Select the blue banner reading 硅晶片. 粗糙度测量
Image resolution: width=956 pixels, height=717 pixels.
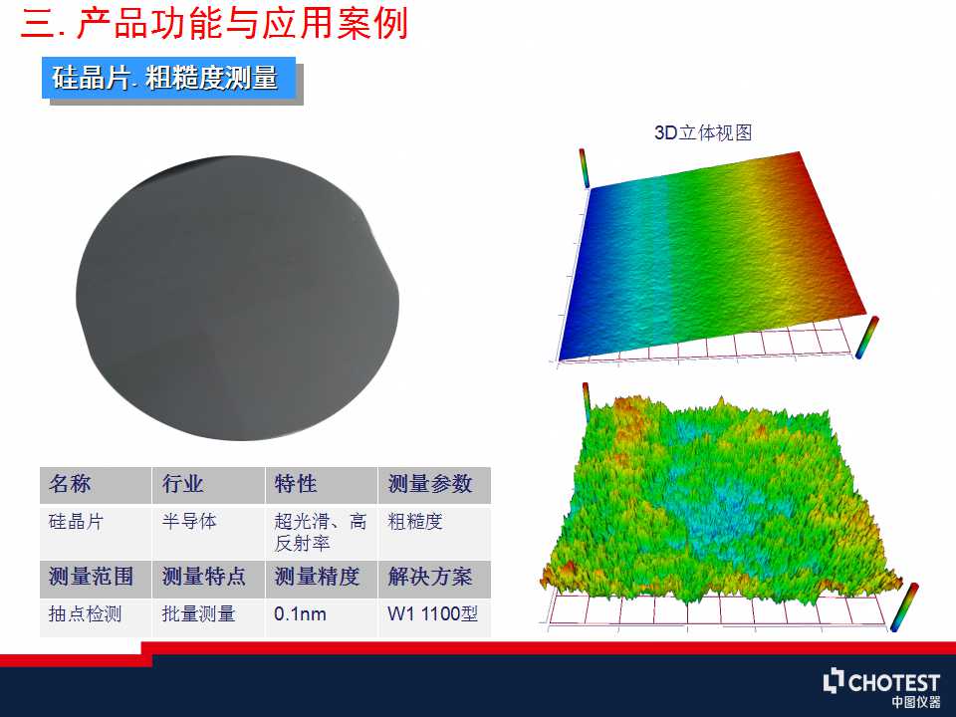point(169,78)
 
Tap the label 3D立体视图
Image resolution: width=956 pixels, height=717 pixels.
point(703,132)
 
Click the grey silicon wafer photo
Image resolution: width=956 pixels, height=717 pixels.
point(237,298)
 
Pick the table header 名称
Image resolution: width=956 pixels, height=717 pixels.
point(70,484)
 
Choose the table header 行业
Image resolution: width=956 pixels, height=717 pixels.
point(182,484)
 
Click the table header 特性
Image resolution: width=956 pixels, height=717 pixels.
point(295,484)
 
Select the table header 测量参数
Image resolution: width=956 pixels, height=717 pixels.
point(430,484)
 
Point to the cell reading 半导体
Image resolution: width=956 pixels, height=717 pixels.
point(189,521)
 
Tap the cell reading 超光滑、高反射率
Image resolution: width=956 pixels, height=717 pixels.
point(320,532)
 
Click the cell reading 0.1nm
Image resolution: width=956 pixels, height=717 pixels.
point(300,613)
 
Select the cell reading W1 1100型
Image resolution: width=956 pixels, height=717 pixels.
point(432,613)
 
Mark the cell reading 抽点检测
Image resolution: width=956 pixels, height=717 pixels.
point(85,613)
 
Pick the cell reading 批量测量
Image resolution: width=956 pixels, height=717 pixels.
point(198,613)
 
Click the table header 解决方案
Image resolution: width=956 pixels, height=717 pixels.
point(430,577)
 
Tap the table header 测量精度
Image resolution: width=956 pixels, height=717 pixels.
point(317,577)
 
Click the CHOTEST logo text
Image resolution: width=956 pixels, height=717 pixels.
point(894,682)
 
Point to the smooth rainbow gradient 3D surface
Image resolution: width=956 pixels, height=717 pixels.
point(713,256)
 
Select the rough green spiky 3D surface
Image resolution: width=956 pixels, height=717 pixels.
point(719,506)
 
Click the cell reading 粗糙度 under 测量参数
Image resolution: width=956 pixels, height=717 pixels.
point(414,521)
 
